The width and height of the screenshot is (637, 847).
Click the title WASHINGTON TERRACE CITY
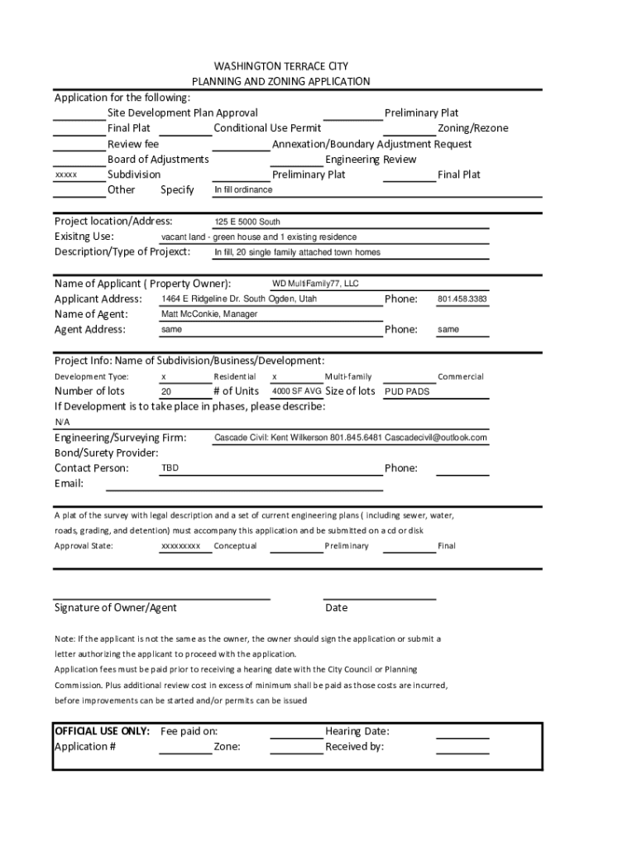(x=280, y=66)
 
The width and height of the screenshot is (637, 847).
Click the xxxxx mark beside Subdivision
(x=65, y=175)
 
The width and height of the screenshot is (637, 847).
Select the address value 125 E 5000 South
(x=247, y=222)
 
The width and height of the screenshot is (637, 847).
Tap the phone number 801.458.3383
(x=462, y=299)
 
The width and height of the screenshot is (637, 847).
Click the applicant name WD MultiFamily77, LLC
(x=315, y=284)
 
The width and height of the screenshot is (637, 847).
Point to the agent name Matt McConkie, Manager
(x=209, y=314)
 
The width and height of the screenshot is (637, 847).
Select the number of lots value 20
(x=166, y=392)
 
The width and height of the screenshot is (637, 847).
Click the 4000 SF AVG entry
(x=297, y=391)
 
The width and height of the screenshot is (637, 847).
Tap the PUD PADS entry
(x=408, y=392)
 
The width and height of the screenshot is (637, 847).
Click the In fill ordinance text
(x=243, y=189)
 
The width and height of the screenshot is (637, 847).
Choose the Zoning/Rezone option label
(x=473, y=128)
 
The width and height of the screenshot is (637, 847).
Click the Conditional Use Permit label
(x=267, y=128)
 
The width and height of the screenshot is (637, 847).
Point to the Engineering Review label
(x=371, y=160)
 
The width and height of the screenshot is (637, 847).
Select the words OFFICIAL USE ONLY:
(x=102, y=731)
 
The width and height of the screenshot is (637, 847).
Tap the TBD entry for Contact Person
(x=170, y=468)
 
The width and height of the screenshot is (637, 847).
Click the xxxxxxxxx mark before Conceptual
(x=180, y=546)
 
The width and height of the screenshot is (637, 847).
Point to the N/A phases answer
(x=63, y=422)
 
